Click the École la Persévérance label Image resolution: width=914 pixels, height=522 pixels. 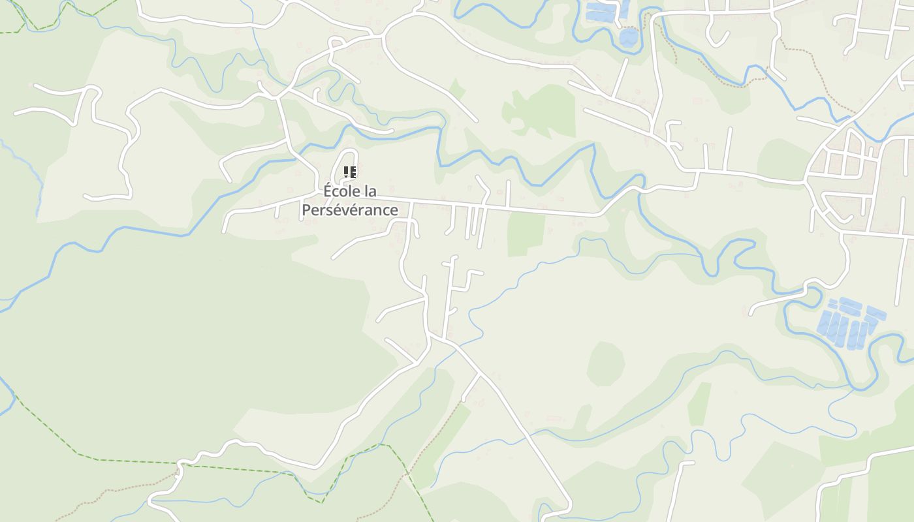click(x=350, y=201)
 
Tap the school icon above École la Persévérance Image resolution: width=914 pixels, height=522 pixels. click(x=350, y=173)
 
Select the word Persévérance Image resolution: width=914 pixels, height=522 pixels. click(x=350, y=210)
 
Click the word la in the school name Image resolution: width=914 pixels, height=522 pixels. click(x=370, y=192)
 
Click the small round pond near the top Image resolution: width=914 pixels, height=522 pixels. click(x=629, y=37)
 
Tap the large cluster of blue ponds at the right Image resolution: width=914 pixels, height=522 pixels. click(x=849, y=322)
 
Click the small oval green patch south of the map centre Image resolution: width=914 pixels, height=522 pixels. click(x=605, y=363)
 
